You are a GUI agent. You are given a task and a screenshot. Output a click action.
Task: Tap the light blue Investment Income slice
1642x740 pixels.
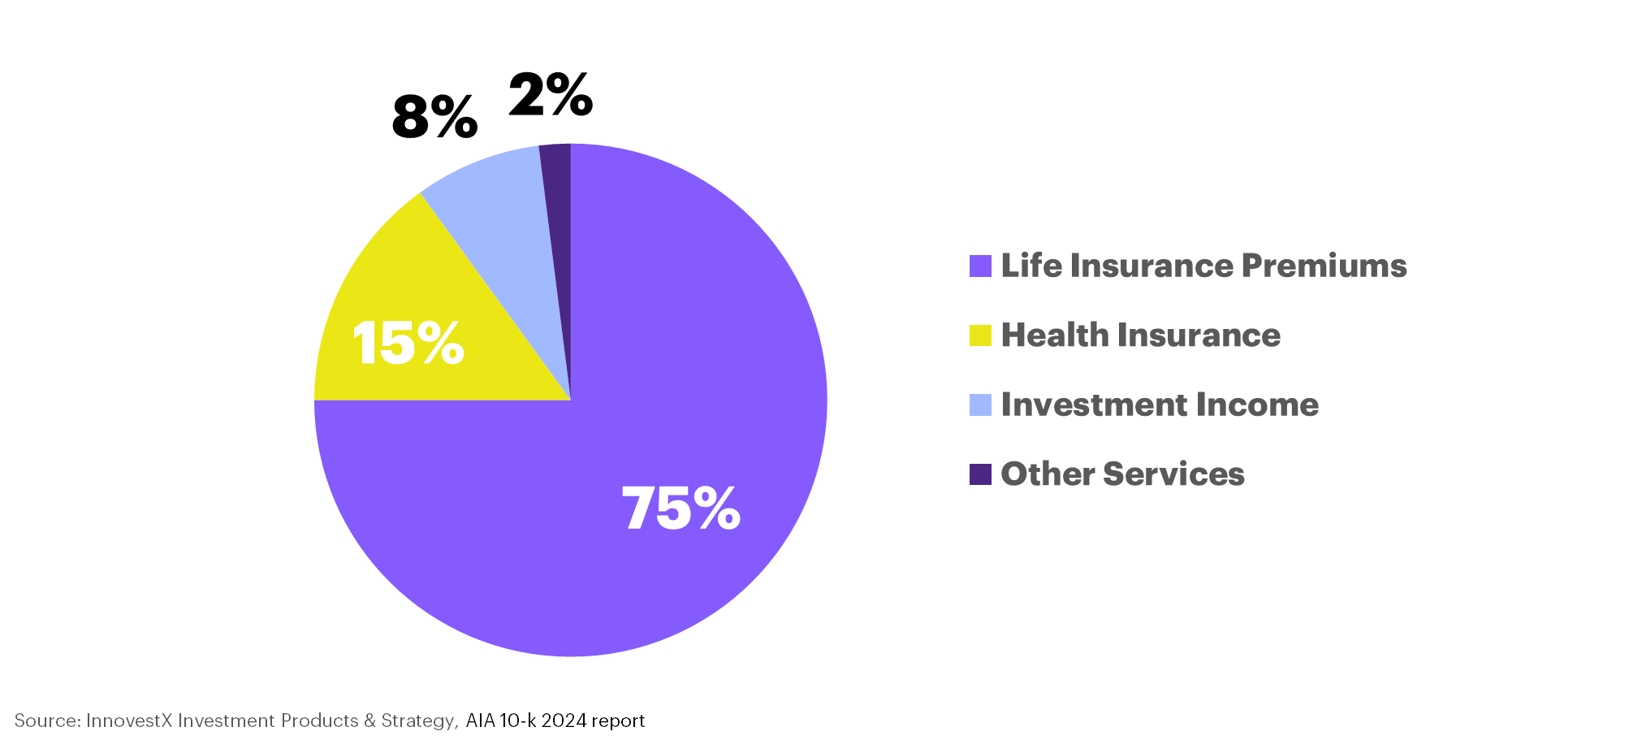point(503,211)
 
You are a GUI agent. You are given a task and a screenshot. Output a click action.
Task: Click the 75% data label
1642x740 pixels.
point(681,508)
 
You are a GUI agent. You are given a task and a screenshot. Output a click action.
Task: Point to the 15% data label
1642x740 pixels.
point(408,342)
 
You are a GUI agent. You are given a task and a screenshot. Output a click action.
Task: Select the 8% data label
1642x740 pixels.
point(434,117)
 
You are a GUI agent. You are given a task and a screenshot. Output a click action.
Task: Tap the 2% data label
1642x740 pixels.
point(551,94)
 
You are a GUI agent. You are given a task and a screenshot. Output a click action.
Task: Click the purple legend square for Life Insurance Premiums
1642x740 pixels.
point(980,266)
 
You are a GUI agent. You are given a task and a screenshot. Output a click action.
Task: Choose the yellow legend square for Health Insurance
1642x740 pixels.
point(980,335)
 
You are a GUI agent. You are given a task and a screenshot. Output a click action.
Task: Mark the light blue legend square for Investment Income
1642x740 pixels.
point(980,405)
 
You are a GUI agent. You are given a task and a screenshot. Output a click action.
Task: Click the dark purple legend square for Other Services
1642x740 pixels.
point(980,474)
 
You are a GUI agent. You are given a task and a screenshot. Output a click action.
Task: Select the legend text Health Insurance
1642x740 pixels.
point(1140,335)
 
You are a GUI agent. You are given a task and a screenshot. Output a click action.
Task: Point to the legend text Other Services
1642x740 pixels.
point(1122,474)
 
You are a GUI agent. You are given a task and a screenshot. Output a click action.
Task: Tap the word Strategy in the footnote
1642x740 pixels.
point(418,721)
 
